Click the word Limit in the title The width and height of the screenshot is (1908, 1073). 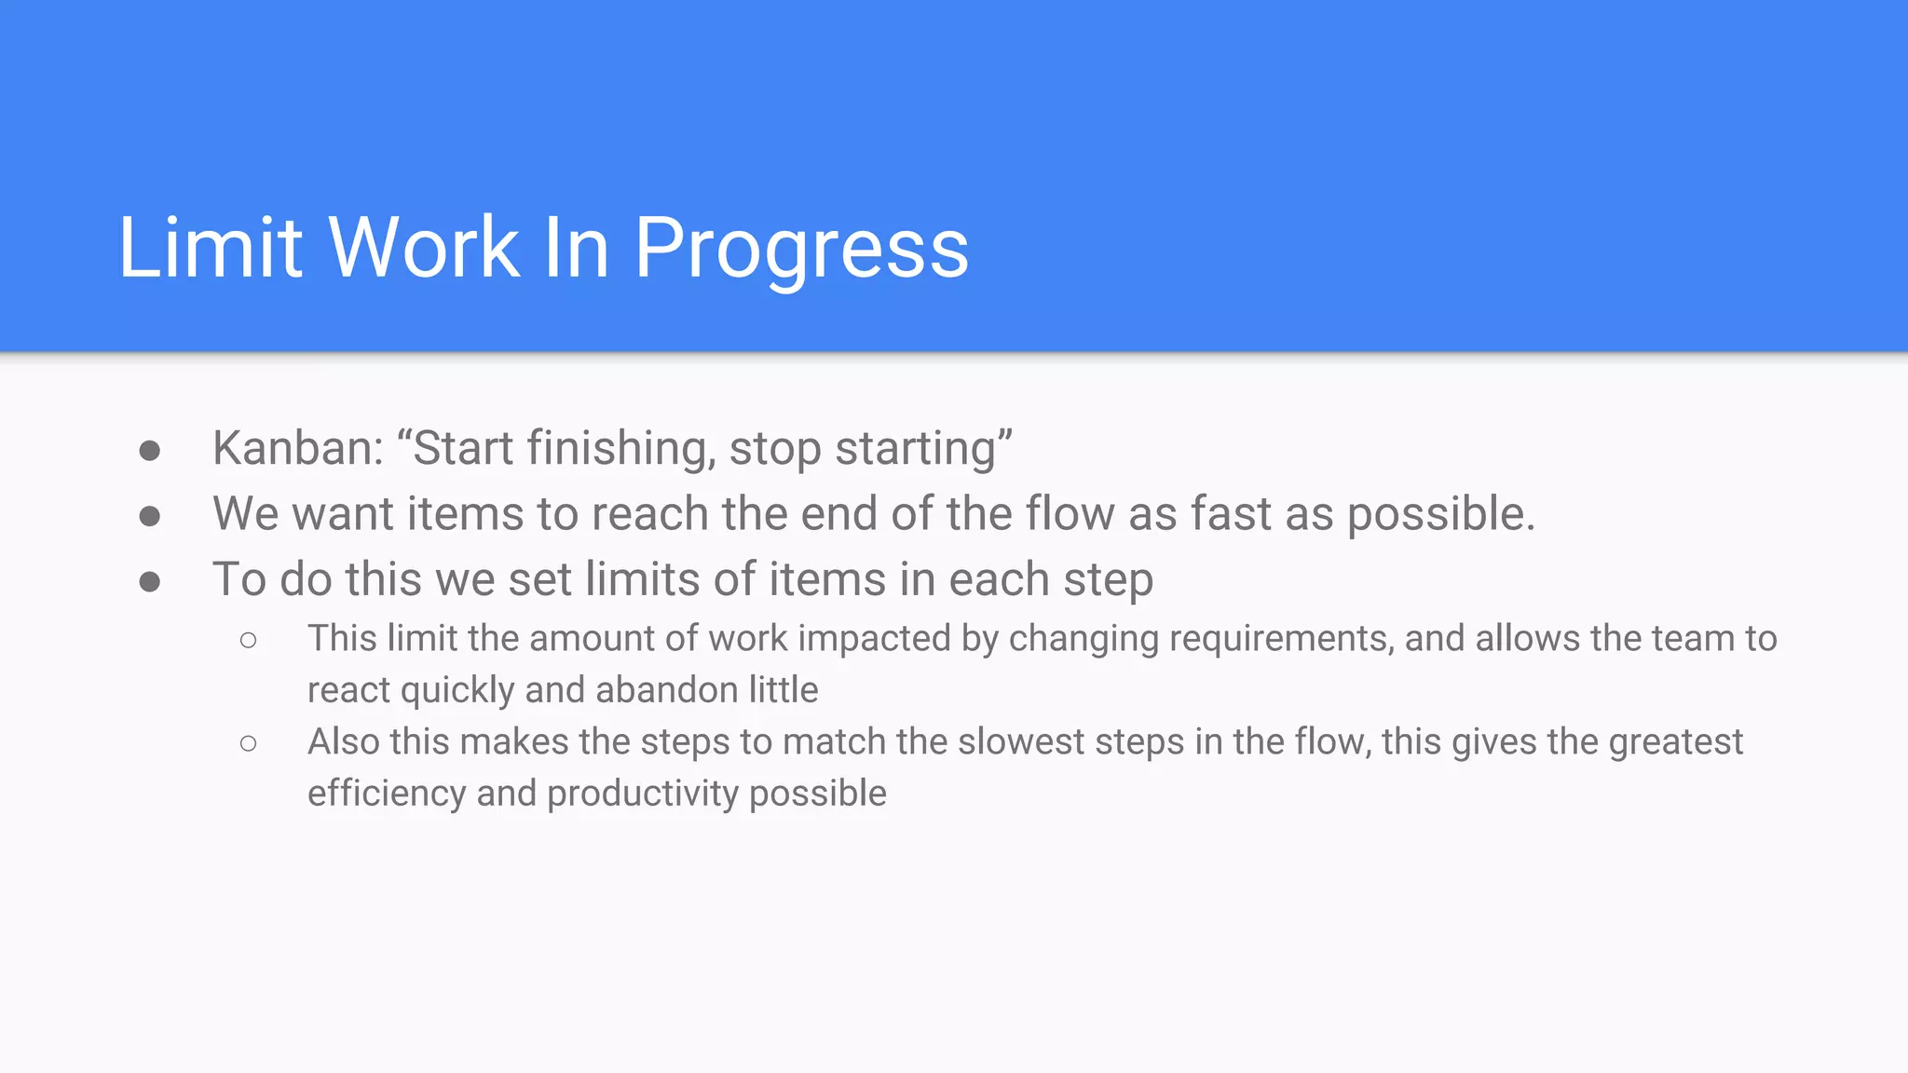point(211,248)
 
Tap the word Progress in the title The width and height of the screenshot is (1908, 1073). point(801,248)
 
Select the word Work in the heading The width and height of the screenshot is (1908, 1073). point(424,248)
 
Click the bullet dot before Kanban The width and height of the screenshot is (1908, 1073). point(149,452)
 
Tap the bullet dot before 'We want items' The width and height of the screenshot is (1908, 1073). point(149,517)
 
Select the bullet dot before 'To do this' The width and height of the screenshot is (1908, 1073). point(149,583)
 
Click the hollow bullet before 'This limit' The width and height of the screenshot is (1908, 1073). point(248,640)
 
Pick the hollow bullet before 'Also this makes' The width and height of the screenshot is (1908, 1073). point(248,743)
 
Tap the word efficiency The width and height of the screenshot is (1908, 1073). point(387,794)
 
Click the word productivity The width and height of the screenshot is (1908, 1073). point(643,794)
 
